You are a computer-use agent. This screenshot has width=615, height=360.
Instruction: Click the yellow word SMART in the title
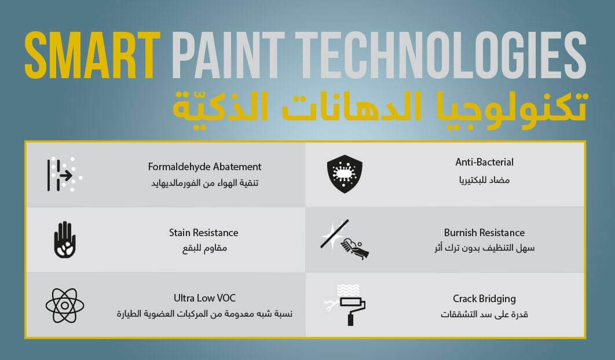pyautogui.click(x=93, y=56)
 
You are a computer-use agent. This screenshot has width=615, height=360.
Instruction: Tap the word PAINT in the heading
pyautogui.click(x=228, y=56)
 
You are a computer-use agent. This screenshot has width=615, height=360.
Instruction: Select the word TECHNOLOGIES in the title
pyautogui.click(x=441, y=56)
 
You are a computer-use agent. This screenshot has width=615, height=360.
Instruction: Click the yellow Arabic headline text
pyautogui.click(x=380, y=106)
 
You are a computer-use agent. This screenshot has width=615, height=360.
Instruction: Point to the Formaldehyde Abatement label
pyautogui.click(x=204, y=167)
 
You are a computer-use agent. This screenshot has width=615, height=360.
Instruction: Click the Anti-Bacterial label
pyautogui.click(x=484, y=162)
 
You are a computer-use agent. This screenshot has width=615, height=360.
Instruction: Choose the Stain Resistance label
pyautogui.click(x=204, y=233)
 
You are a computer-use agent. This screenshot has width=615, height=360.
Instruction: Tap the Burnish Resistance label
pyautogui.click(x=484, y=233)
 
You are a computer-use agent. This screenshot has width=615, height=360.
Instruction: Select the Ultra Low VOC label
pyautogui.click(x=204, y=298)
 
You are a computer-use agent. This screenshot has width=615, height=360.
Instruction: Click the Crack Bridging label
pyautogui.click(x=484, y=299)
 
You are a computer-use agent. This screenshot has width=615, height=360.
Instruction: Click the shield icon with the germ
pyautogui.click(x=345, y=174)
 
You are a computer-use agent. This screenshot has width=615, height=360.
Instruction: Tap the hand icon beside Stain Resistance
pyautogui.click(x=65, y=240)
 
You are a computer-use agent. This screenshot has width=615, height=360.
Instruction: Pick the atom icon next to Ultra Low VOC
pyautogui.click(x=65, y=306)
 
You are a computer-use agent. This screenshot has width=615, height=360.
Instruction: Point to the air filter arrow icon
pyautogui.click(x=64, y=175)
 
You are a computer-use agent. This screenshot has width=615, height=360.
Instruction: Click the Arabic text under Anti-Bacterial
pyautogui.click(x=484, y=180)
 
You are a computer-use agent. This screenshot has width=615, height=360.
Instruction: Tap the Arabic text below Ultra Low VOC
pyautogui.click(x=204, y=314)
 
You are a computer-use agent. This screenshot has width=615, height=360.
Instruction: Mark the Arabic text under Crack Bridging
pyautogui.click(x=484, y=314)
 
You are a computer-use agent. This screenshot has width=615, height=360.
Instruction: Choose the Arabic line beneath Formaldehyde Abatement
pyautogui.click(x=205, y=183)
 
